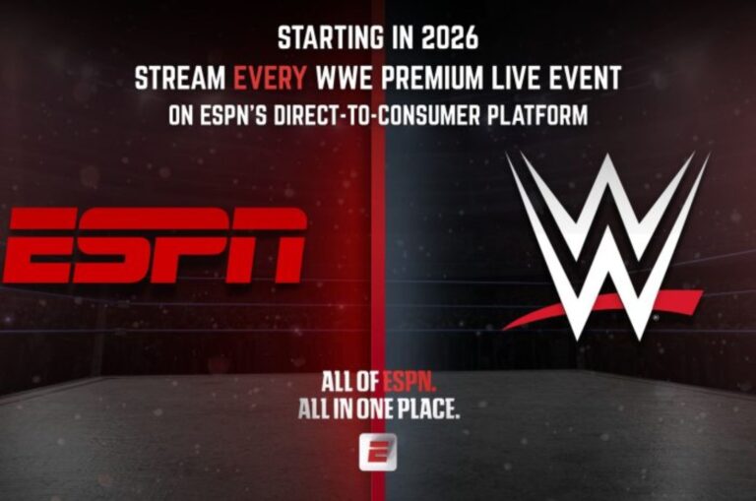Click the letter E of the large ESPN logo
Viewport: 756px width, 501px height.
[x=39, y=245]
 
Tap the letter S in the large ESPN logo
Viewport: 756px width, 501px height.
[x=113, y=245]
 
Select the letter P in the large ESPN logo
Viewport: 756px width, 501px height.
[x=190, y=245]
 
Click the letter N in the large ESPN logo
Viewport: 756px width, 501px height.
[x=266, y=245]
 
